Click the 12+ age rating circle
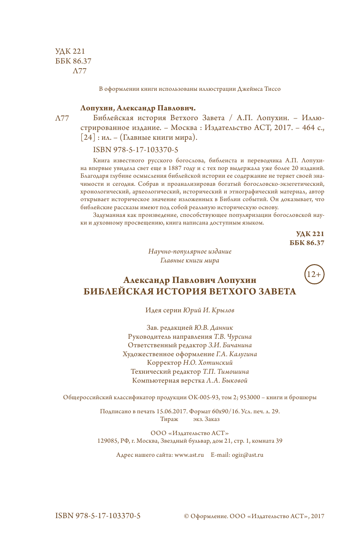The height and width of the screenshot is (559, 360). [x=314, y=274]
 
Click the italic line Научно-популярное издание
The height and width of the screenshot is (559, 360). [x=190, y=252]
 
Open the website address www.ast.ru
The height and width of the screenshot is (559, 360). [x=189, y=455]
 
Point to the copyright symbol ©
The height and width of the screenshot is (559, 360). [x=186, y=516]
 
